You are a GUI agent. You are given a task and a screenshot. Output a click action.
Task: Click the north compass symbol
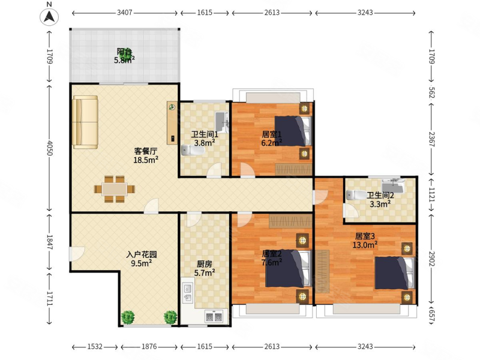[x=49, y=17]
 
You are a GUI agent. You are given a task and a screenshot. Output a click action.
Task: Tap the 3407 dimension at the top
[x=125, y=13]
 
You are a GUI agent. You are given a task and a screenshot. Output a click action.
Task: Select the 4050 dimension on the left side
[x=50, y=148]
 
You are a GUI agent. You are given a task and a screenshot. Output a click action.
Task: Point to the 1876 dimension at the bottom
[x=149, y=347]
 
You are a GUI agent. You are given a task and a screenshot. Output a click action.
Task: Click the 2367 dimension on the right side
[x=431, y=139]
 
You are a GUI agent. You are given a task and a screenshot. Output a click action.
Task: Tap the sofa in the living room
[x=85, y=122]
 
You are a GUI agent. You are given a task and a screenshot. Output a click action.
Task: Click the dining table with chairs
[x=115, y=189]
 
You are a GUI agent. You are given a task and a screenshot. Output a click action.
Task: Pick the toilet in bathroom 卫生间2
[x=356, y=195]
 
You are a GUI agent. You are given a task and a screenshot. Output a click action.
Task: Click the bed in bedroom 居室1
[x=293, y=131]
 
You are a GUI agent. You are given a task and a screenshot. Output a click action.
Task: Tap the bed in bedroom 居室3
[x=394, y=273]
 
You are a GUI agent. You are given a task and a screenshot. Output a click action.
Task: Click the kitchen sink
[x=188, y=293]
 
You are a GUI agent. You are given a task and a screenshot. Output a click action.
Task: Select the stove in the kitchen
[x=214, y=317]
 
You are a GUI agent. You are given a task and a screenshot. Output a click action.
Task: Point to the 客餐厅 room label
[x=146, y=151]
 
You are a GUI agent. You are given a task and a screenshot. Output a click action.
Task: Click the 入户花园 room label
[x=142, y=254]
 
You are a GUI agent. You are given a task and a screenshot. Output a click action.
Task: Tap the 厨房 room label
[x=205, y=264]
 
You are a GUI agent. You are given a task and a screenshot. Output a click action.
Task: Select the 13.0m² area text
[x=365, y=245]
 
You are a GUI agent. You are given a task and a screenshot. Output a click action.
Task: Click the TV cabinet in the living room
[x=172, y=123]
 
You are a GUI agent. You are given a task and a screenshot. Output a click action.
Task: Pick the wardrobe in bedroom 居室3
[x=322, y=271]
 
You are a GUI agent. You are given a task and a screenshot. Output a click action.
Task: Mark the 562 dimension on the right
[x=431, y=92]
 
